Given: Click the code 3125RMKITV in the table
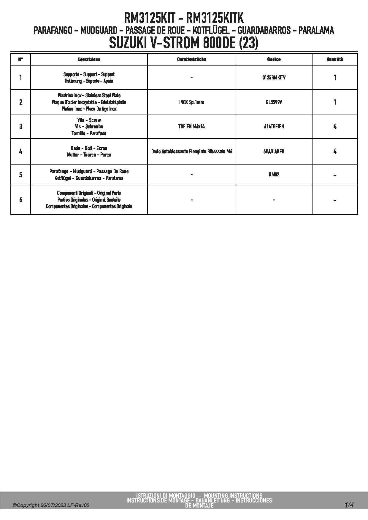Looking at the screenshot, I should [274, 78].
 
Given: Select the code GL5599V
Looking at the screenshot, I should [274, 102].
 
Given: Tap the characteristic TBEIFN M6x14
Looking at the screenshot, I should [191, 127].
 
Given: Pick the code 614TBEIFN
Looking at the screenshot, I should [274, 127].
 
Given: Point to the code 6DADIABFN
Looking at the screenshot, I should [274, 151].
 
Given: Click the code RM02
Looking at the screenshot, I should [274, 175].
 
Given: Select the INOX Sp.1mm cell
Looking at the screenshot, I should [191, 102].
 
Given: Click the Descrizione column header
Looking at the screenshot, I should [89, 59].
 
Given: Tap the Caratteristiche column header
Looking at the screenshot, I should [191, 59].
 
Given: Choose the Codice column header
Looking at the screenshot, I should [274, 59].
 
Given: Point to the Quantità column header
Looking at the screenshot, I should [335, 59].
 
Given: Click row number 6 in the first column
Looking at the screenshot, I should [20, 200].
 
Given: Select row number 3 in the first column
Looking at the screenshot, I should [20, 127].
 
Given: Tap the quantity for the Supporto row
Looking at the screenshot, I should [335, 78].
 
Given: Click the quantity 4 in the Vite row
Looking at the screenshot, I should [335, 127].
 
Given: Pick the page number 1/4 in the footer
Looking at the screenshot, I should [349, 505].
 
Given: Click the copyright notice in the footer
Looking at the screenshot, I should [51, 505].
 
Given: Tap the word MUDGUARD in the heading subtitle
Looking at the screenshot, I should [99, 30].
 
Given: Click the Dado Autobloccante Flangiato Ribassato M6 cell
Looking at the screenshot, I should [191, 151].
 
